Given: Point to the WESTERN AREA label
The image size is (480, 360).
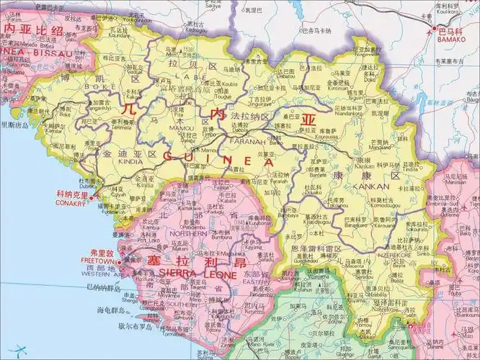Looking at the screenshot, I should [x=102, y=274].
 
